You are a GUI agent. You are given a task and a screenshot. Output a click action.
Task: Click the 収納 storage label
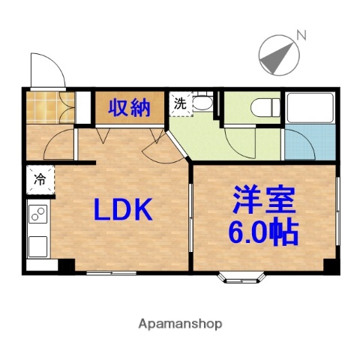point(128,109)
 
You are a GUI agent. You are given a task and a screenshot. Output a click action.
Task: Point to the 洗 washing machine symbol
point(180,105)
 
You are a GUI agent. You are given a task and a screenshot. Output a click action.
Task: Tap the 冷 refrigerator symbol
point(39,180)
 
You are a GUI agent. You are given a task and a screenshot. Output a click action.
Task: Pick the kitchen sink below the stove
point(37,245)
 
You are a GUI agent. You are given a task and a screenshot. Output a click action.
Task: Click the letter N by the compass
point(301,34)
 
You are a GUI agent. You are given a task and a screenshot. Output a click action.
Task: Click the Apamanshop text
point(180,324)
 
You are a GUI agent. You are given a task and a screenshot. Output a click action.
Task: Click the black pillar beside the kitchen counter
point(66,265)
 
